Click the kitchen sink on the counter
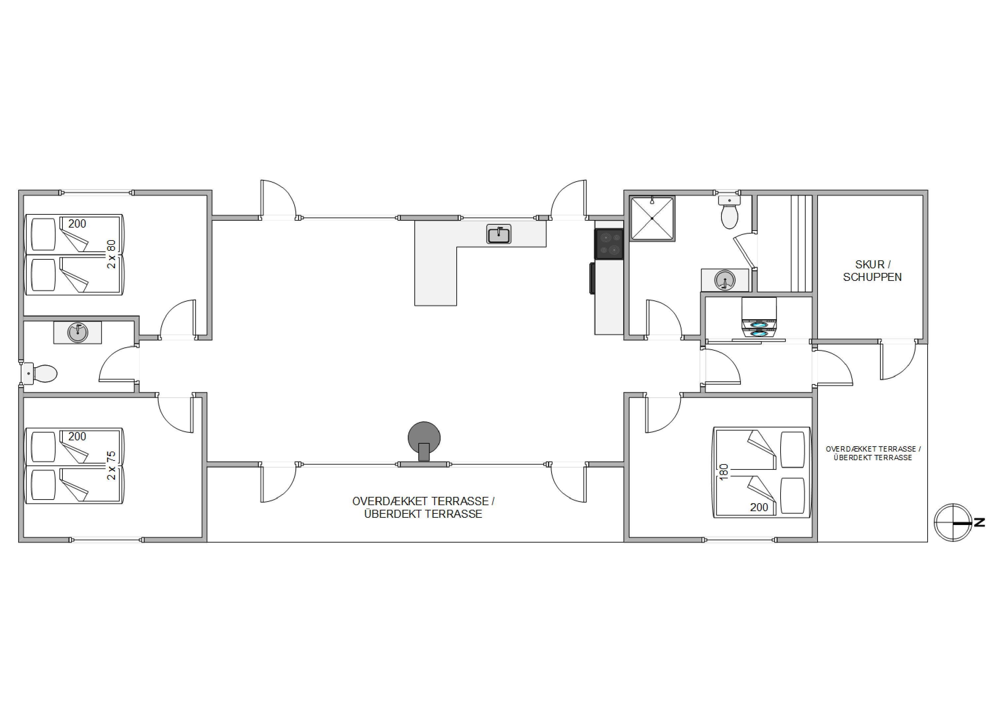[x=499, y=234]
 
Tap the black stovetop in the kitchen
[x=609, y=244]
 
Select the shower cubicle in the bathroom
[x=652, y=218]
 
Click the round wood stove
[x=424, y=441]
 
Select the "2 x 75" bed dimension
[x=111, y=465]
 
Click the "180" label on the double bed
[x=724, y=472]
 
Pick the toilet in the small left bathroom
[x=39, y=373]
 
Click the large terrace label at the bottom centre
[x=423, y=508]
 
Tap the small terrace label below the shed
[x=873, y=453]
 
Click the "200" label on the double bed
[x=759, y=507]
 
